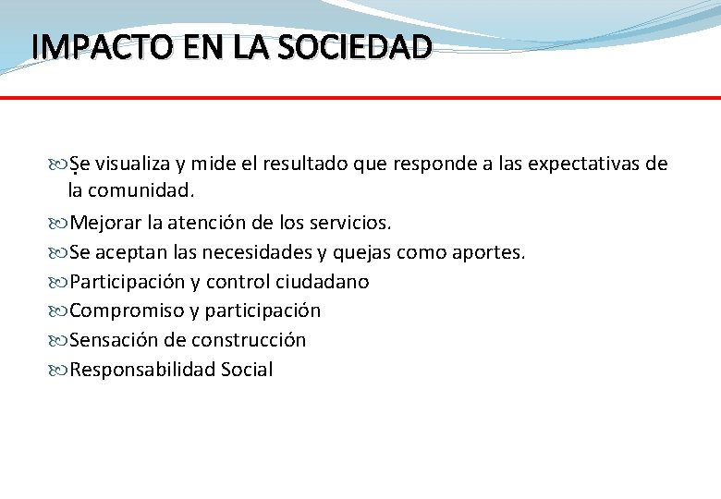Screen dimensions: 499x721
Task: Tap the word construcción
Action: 249,340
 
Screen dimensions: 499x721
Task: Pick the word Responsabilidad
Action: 142,370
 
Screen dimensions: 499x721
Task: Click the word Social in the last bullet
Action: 247,370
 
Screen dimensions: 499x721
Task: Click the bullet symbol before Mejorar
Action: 60,224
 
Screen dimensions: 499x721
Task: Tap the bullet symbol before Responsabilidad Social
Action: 60,371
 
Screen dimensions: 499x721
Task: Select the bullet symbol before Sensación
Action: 60,341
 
